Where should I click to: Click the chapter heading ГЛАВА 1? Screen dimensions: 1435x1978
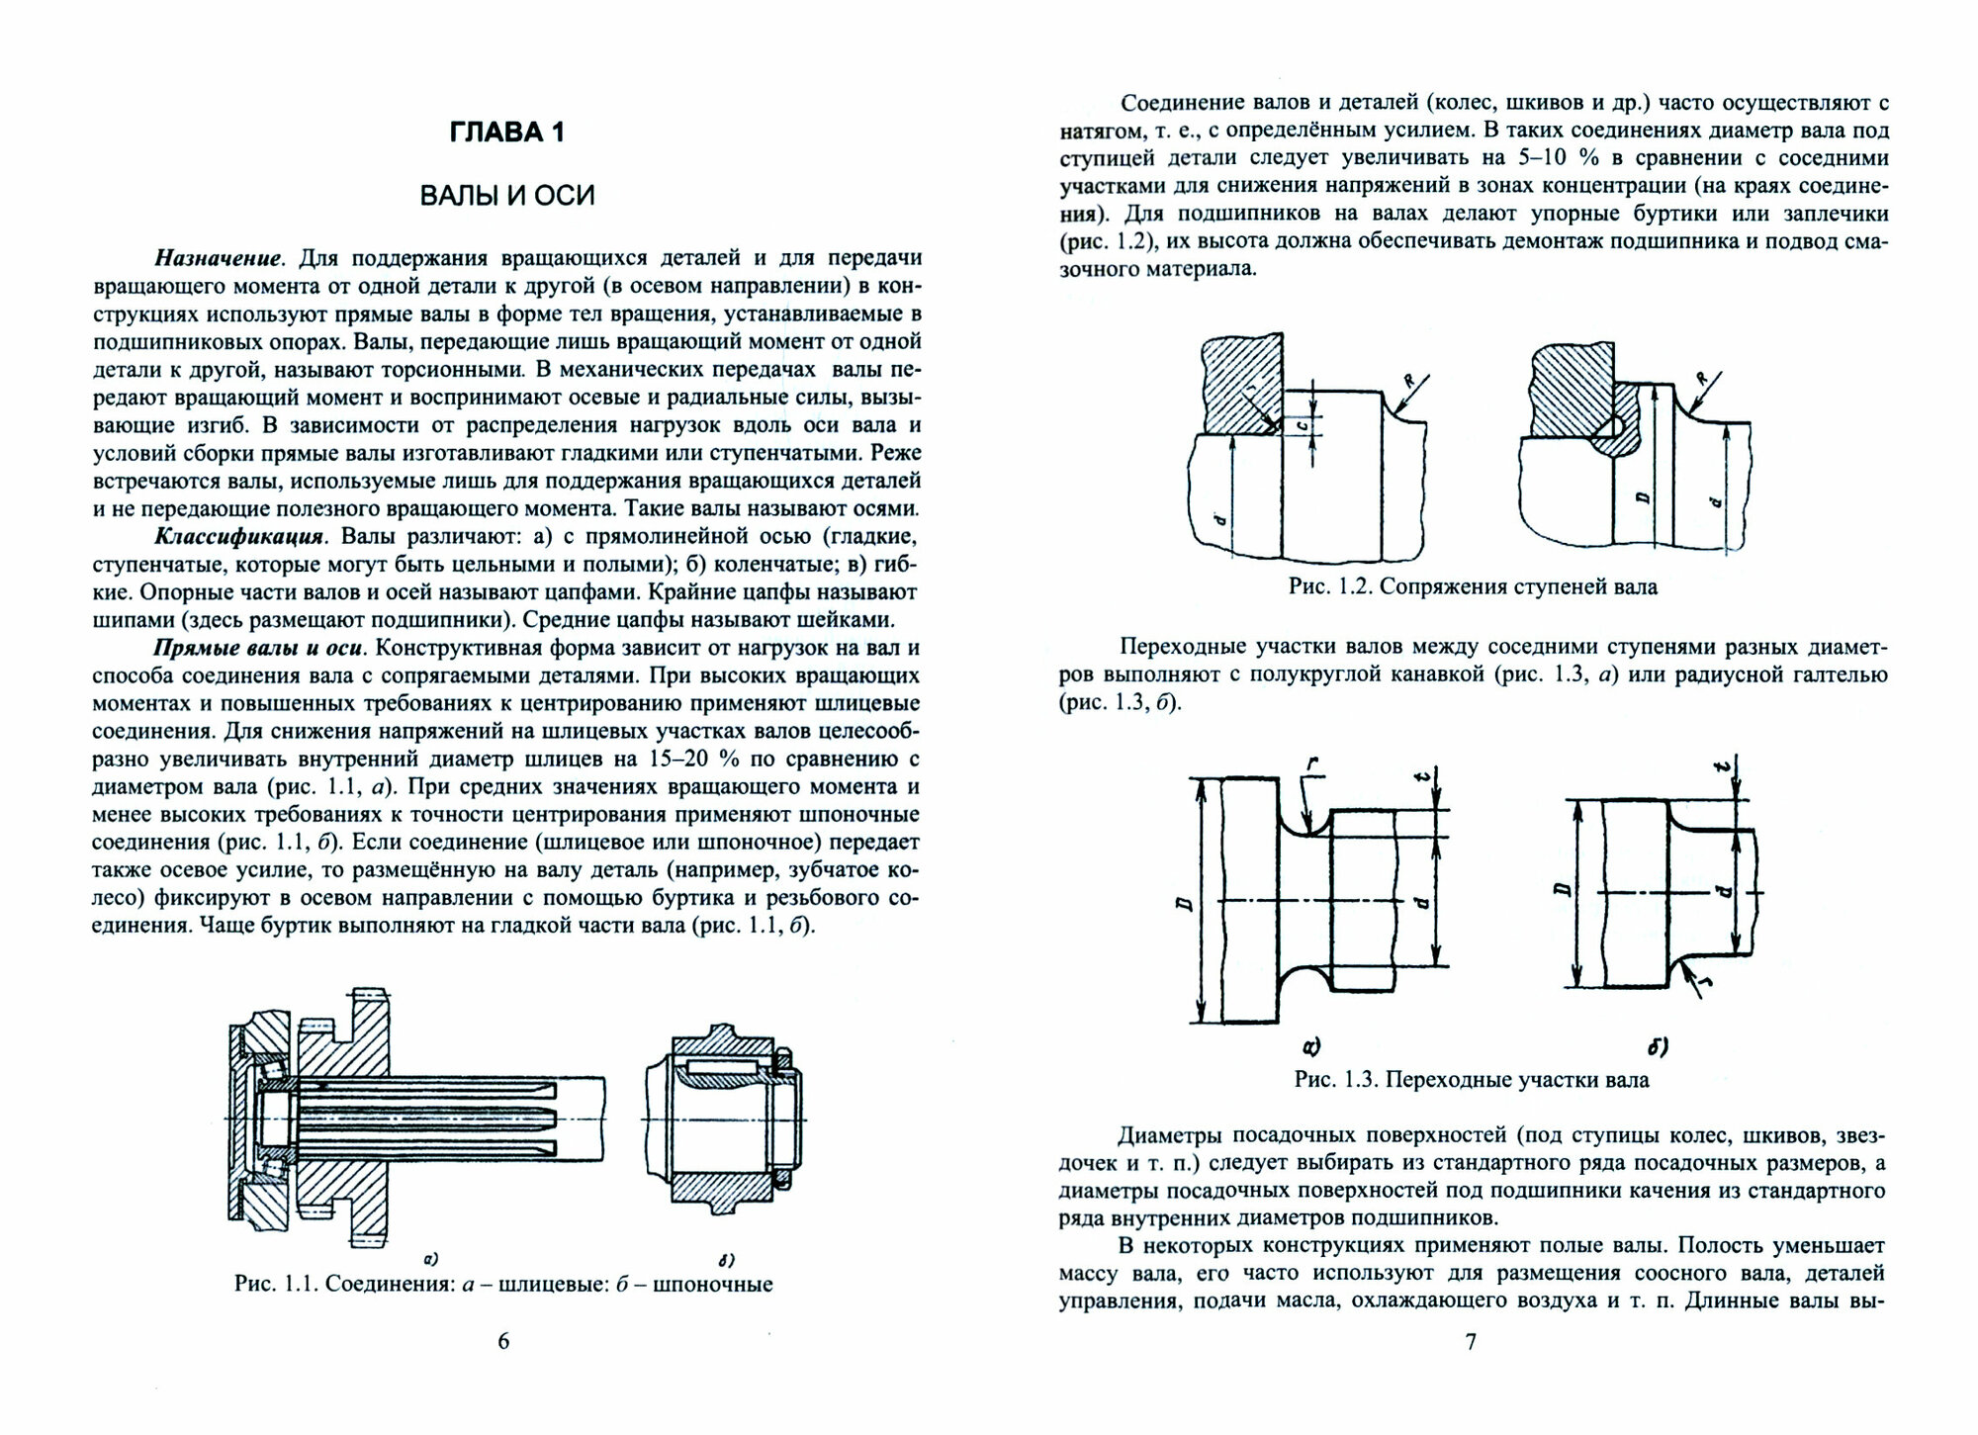coord(506,133)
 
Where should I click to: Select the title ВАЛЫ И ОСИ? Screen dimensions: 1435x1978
coord(507,195)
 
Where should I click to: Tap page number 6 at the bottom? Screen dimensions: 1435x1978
coord(503,1342)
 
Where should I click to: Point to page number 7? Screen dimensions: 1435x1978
coord(1471,1342)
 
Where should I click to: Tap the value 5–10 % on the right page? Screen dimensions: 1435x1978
coord(1548,158)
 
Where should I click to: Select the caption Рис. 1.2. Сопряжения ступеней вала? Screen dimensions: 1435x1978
coord(1473,586)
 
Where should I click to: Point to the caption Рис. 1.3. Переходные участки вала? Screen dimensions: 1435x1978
coord(1472,1079)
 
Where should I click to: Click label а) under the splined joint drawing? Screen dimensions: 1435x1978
coord(430,1259)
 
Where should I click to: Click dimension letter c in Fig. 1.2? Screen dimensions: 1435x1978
coord(1303,427)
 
